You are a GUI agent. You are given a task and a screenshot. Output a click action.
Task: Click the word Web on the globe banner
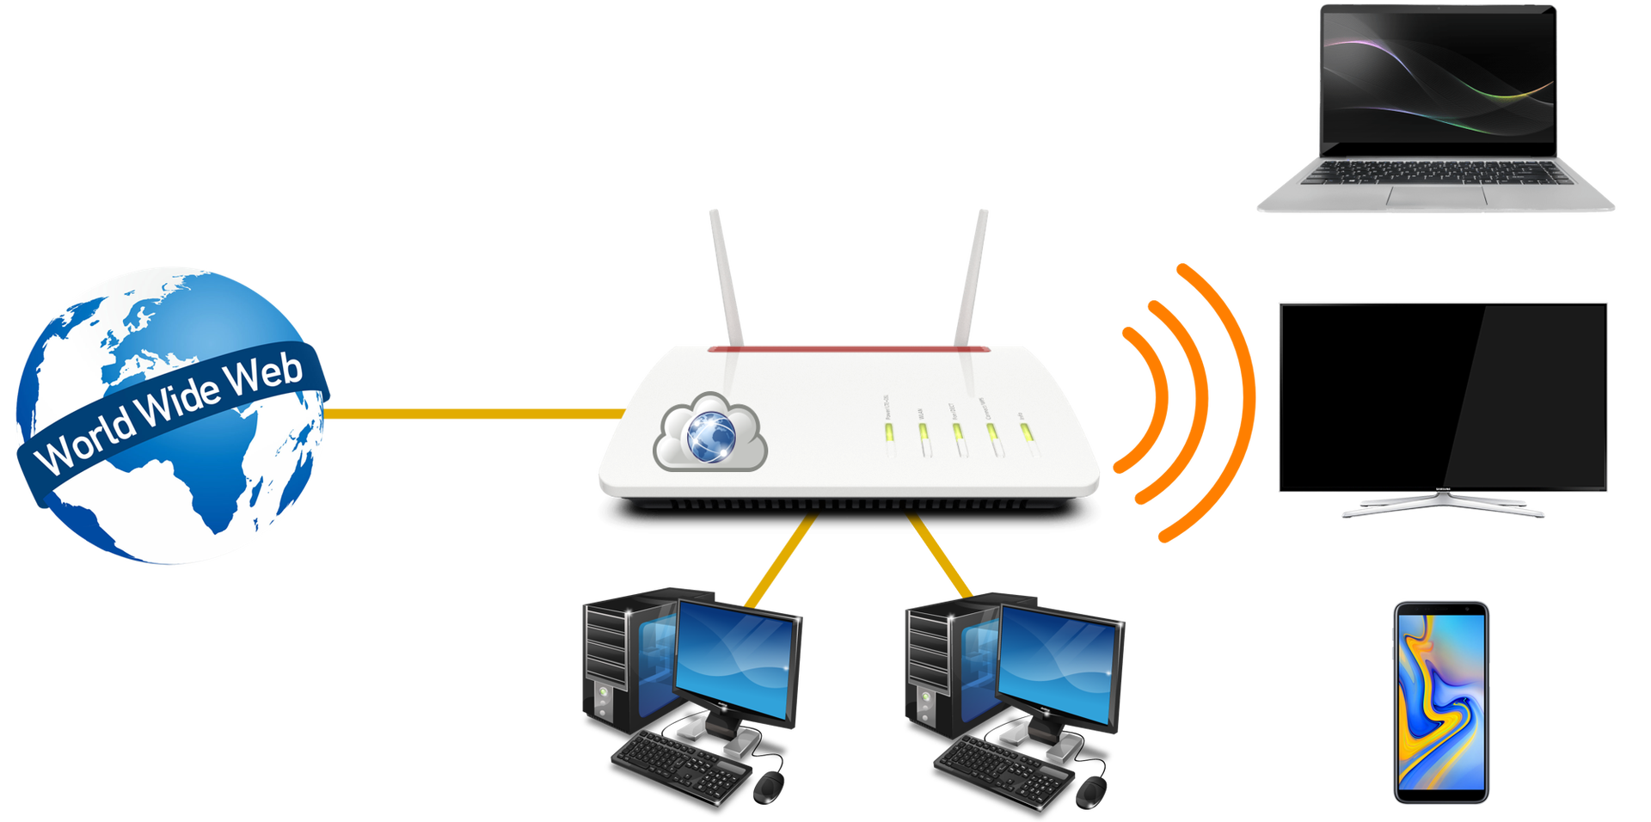(x=267, y=375)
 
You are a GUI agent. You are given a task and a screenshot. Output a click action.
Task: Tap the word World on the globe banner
(x=86, y=444)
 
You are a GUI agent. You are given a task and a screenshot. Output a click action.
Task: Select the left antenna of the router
(x=726, y=275)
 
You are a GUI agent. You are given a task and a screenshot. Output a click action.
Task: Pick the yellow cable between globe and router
(x=473, y=414)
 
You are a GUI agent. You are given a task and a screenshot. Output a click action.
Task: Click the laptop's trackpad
(x=1436, y=198)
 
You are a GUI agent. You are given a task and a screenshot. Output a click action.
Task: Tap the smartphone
(x=1440, y=702)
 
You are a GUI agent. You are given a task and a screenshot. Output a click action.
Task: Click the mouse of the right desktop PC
(x=1091, y=789)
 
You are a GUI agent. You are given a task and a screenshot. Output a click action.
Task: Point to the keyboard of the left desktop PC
(x=679, y=765)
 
